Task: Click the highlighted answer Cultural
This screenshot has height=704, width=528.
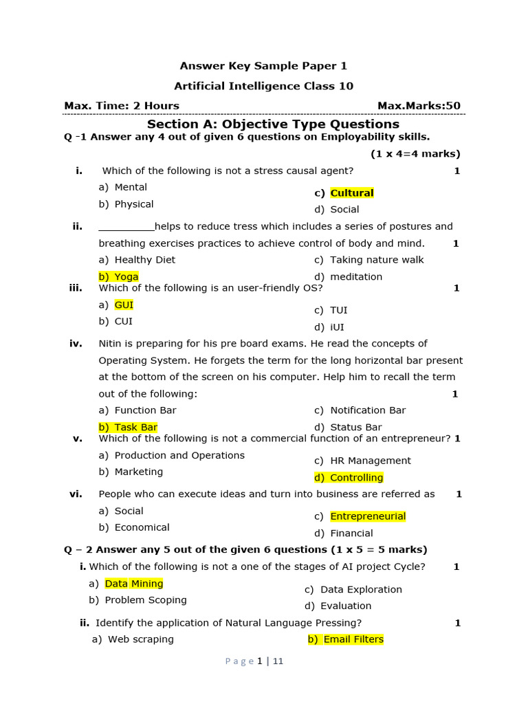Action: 351,193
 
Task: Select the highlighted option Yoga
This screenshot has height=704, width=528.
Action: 126,276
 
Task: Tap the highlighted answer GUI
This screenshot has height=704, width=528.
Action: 124,305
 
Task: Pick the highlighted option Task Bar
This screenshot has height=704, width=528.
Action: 135,427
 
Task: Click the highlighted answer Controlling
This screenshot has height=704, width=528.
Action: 356,478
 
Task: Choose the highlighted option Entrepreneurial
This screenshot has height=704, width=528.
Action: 368,516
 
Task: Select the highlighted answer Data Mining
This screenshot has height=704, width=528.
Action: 134,584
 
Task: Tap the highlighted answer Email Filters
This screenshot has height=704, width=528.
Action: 353,639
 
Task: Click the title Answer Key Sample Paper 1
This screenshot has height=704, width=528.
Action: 263,66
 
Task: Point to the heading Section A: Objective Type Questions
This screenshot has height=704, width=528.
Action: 273,124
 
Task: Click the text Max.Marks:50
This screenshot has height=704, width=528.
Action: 419,106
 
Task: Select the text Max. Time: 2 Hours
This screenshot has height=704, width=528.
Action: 122,106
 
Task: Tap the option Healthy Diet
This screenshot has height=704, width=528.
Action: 144,260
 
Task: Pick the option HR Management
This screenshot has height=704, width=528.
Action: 370,461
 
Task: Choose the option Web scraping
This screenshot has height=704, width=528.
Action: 140,639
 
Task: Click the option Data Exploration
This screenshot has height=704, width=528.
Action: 361,589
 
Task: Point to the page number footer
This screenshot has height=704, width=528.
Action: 254,661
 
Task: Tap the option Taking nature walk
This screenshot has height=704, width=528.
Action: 377,260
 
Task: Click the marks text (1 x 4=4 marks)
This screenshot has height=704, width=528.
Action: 415,154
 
